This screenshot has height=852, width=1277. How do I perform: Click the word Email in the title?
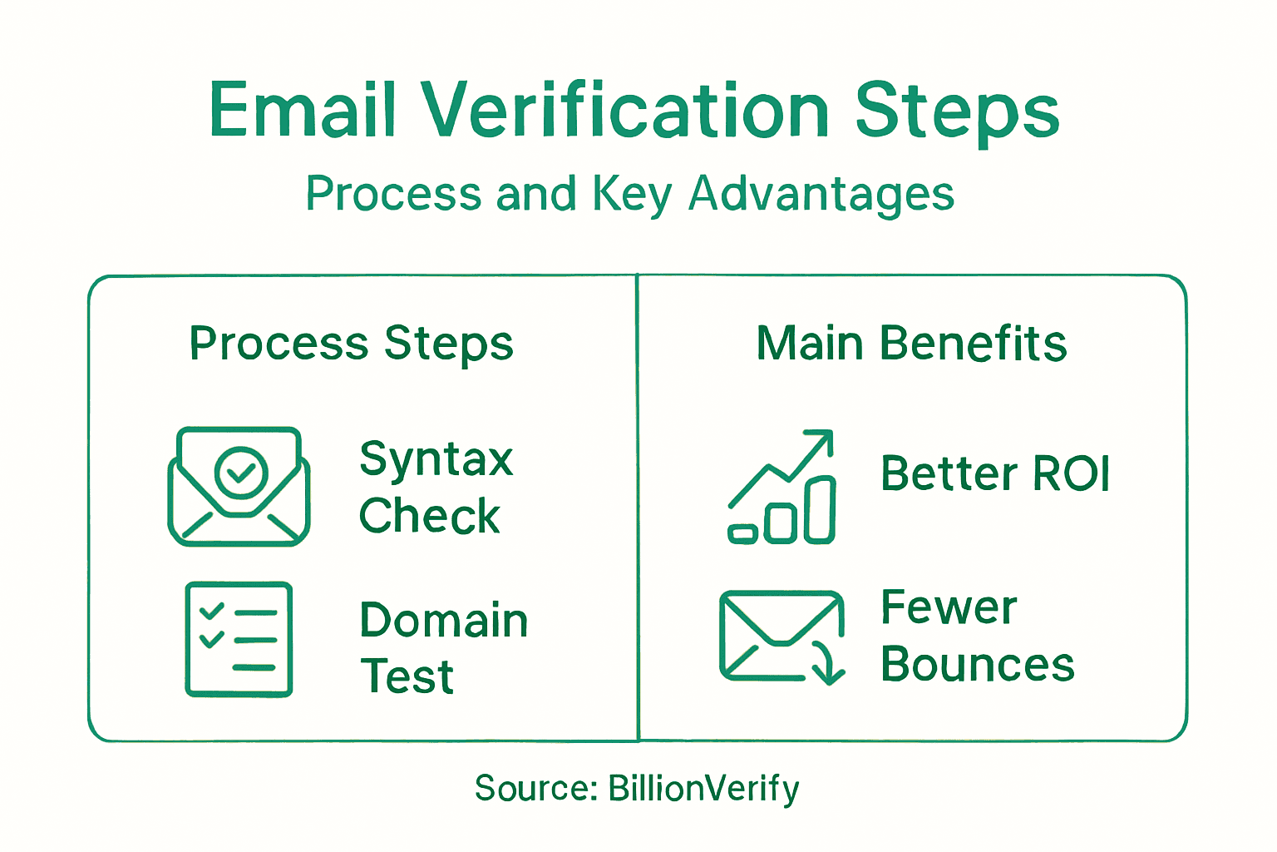point(302,110)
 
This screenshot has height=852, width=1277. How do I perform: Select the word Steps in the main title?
point(957,111)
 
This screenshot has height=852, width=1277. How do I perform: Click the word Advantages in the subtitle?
point(821,194)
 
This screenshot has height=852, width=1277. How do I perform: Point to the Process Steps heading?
point(352,344)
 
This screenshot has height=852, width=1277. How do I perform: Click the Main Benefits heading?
point(911,344)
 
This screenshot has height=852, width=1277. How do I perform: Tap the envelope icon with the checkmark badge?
point(239,487)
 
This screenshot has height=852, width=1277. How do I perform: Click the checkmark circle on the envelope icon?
point(241,472)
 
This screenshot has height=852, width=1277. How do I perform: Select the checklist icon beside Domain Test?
point(239,639)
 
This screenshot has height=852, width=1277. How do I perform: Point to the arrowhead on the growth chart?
point(822,440)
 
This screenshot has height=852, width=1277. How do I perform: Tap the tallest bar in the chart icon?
point(820,509)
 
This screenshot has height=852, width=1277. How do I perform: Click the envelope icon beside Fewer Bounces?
point(781,637)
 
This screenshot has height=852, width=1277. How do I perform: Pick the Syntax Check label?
point(436,487)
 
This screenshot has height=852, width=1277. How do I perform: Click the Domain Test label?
point(443,647)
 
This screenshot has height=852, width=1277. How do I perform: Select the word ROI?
point(1071,474)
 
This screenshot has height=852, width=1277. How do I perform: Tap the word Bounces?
point(978,665)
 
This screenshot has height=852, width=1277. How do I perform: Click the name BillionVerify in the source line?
point(703,788)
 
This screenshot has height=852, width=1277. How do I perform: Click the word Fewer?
point(949,607)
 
